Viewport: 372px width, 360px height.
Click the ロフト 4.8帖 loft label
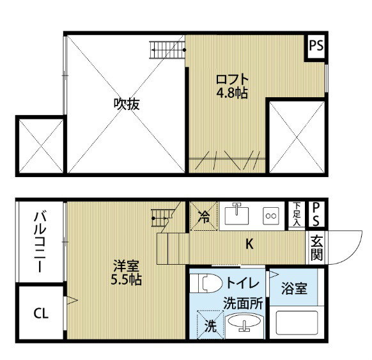pyautogui.click(x=232, y=86)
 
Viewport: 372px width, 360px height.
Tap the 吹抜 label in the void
pyautogui.click(x=127, y=104)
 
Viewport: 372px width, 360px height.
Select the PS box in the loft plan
pyautogui.click(x=316, y=46)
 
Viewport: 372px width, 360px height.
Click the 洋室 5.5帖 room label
pyautogui.click(x=126, y=272)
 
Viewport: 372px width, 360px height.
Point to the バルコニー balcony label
pyautogui.click(x=40, y=242)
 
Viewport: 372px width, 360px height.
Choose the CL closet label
pyautogui.click(x=41, y=313)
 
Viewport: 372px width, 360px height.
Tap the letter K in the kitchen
pyautogui.click(x=249, y=244)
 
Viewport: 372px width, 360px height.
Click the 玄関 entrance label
pyautogui.click(x=316, y=247)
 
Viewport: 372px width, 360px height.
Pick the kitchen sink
pyautogui.click(x=236, y=215)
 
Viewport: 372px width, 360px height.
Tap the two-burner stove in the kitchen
pyautogui.click(x=271, y=215)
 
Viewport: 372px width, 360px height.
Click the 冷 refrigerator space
pyautogui.click(x=204, y=216)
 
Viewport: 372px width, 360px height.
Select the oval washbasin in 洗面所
pyautogui.click(x=244, y=322)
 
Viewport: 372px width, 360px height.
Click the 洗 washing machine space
pyautogui.click(x=210, y=324)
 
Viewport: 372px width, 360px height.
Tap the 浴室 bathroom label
pyautogui.click(x=294, y=288)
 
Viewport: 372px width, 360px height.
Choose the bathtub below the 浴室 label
pyautogui.click(x=297, y=322)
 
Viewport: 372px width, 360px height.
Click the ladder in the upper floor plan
pyautogui.click(x=167, y=50)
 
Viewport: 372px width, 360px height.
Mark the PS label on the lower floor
pyautogui.click(x=316, y=214)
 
